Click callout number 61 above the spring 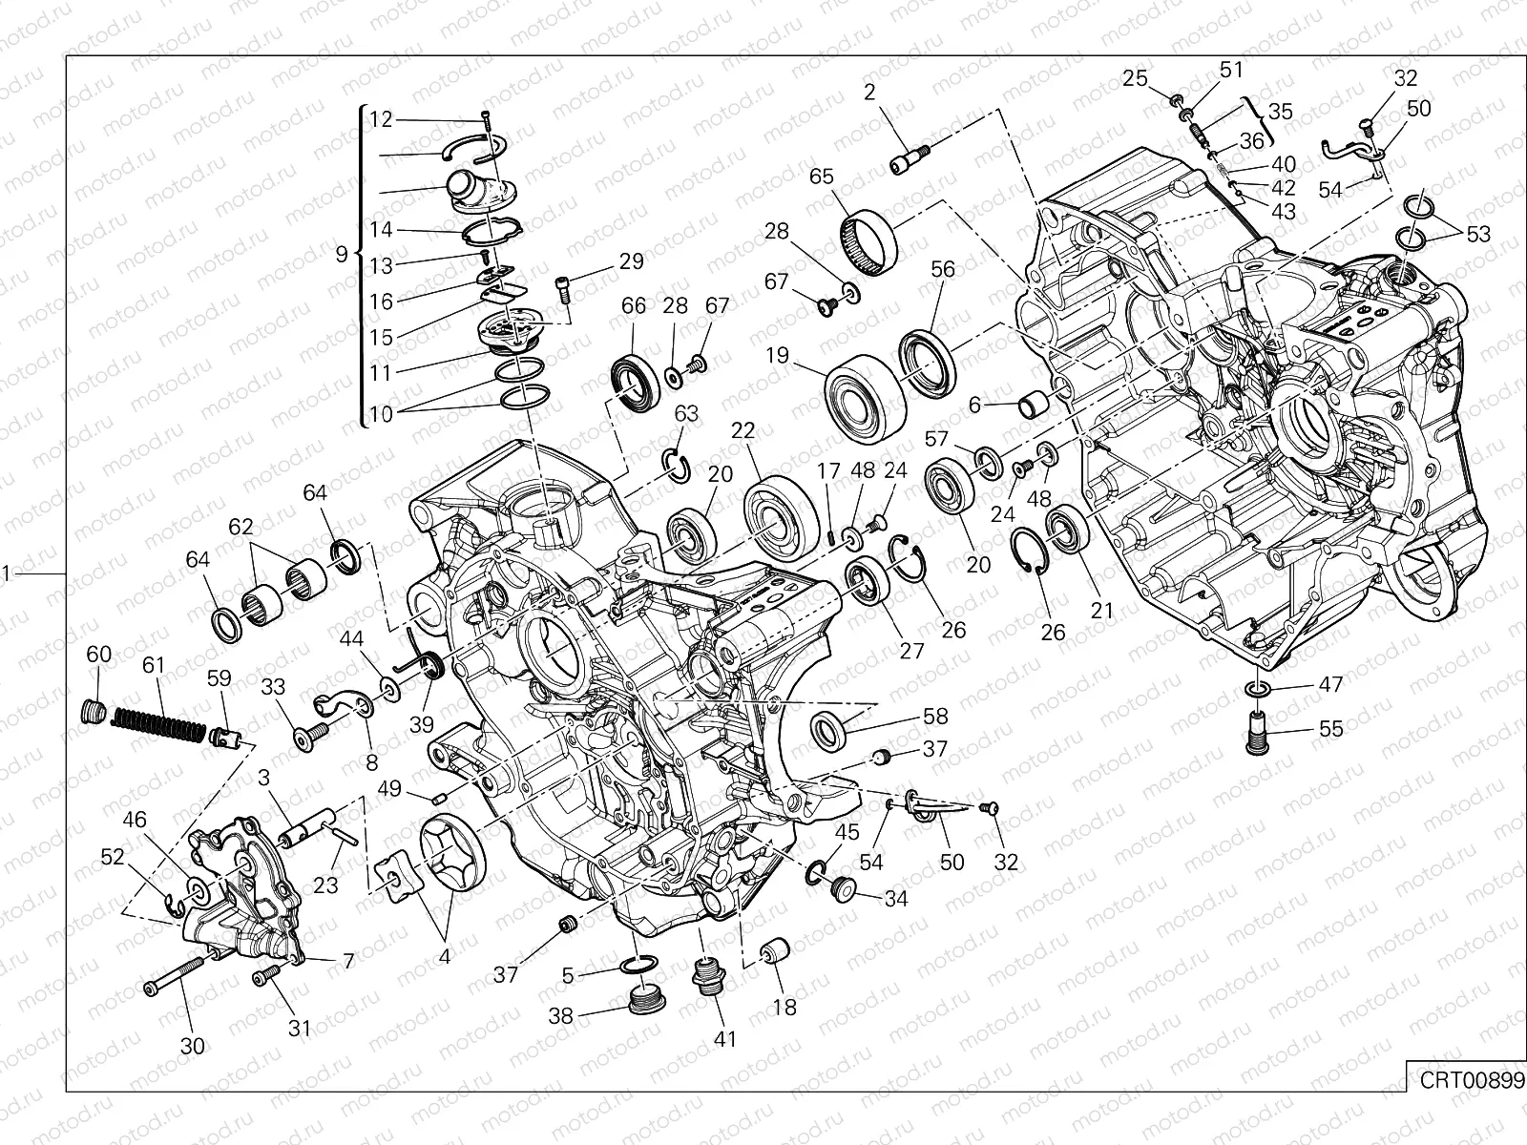click(154, 664)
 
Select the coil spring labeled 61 click(158, 721)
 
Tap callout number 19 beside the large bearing click(777, 356)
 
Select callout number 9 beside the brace click(342, 255)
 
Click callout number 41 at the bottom click(725, 1038)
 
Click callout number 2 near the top click(868, 92)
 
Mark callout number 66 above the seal click(634, 306)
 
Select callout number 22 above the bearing click(743, 431)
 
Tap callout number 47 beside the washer click(1330, 684)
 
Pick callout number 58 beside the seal click(935, 717)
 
